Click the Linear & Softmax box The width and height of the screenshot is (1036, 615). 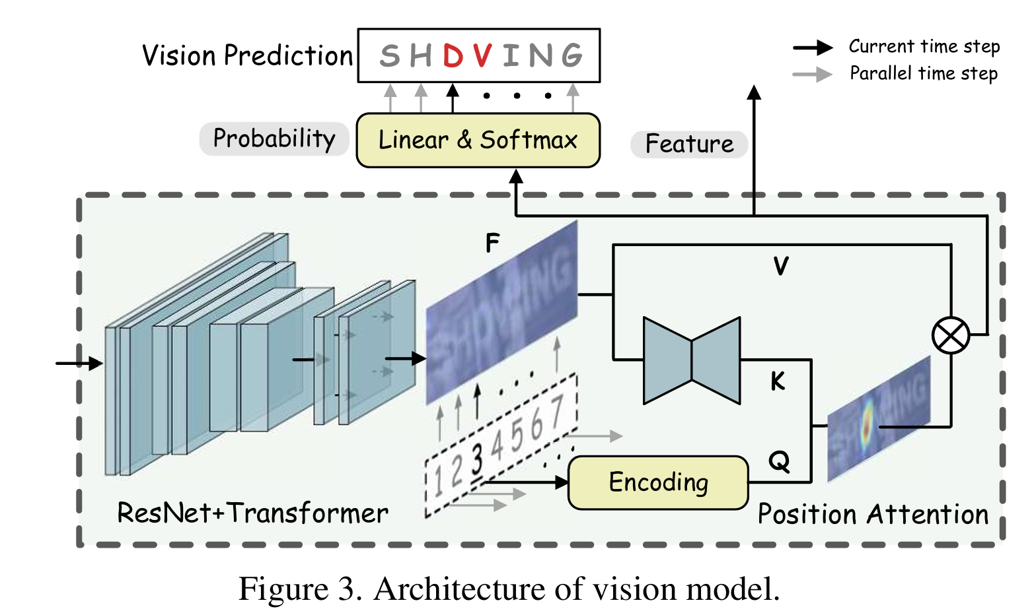pos(478,140)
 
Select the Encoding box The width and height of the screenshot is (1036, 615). pos(658,482)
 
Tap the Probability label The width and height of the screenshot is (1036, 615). pos(274,139)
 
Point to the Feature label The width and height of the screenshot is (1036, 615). pos(689,144)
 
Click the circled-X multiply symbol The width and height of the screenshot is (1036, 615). pos(950,335)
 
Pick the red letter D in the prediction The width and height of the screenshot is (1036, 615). pos(453,56)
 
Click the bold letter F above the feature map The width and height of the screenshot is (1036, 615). pos(492,243)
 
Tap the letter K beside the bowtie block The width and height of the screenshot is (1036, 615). pos(778,381)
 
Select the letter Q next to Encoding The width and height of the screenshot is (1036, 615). pos(779,461)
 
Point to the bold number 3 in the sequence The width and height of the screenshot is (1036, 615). pos(477,459)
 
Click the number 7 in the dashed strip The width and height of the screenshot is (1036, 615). pos(557,412)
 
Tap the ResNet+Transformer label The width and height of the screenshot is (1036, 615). pos(252,513)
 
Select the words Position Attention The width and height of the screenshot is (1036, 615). pos(872,514)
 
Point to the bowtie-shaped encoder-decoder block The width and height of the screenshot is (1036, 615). pos(691,360)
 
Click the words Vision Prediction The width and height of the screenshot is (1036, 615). pos(248,56)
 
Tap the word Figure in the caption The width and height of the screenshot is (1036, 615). pos(283,589)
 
